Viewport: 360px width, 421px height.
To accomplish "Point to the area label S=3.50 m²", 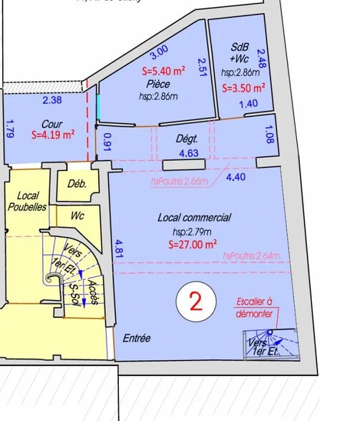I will point(244,89).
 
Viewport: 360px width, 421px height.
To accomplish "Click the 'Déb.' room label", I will point(77,183).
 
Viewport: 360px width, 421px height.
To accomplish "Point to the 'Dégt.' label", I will point(176,141).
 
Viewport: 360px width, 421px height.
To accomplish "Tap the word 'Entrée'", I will point(137,338).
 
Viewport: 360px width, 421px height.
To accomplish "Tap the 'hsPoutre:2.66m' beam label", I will point(176,181).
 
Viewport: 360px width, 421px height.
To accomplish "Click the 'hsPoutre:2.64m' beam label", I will point(250,256).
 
